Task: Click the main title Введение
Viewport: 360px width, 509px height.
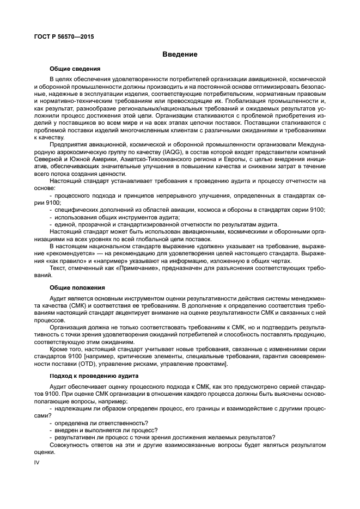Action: coord(179,54)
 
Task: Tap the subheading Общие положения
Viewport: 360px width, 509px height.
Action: coord(77,287)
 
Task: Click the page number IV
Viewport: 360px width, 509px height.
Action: coord(36,462)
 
